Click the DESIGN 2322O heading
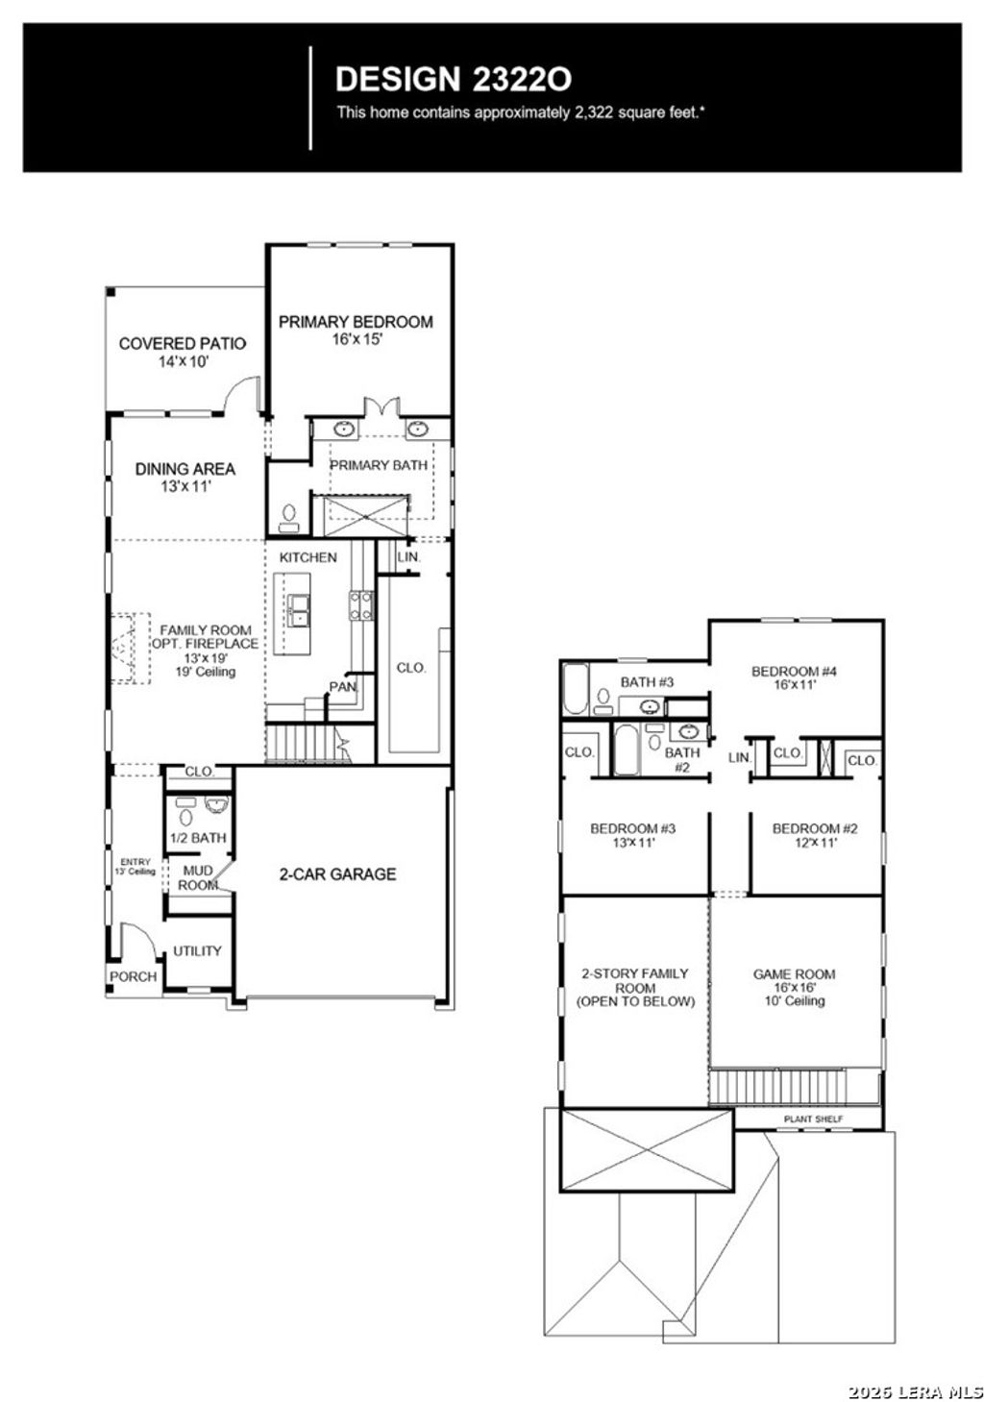pos(454,79)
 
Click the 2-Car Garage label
pos(337,874)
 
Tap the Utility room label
pos(197,951)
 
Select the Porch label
pos(133,976)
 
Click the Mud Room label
pos(198,878)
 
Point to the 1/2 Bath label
pos(198,838)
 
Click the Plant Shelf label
pos(809,1119)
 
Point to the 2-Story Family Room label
pos(635,987)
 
